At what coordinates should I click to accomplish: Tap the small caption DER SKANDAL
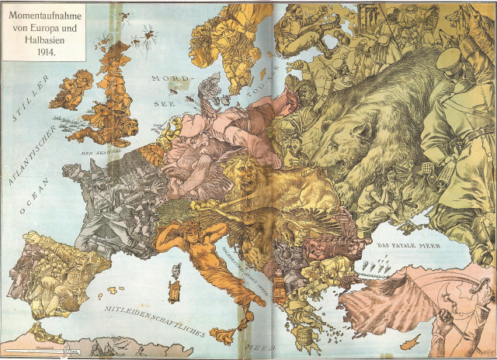108,152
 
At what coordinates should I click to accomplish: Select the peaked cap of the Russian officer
454,58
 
